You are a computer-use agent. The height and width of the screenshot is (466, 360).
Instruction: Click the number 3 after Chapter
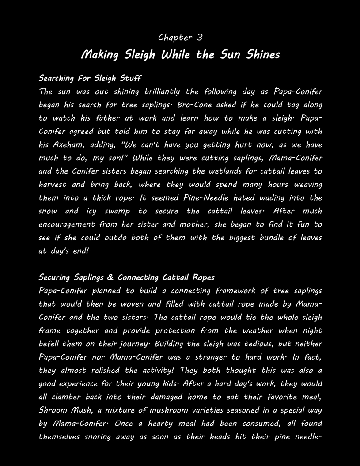[199, 38]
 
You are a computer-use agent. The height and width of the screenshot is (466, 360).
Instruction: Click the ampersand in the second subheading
[109, 278]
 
